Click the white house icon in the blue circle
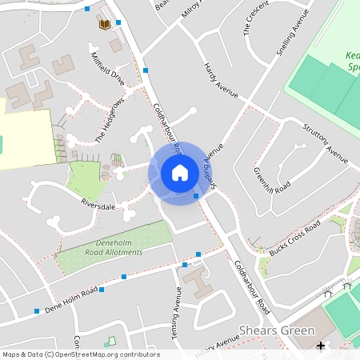pos(180,173)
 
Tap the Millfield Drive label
pos(108,69)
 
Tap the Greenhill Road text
pos(271,181)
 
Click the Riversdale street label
pos(98,206)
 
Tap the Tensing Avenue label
pos(178,311)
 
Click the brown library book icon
pos(104,24)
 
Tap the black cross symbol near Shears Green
pos(321,346)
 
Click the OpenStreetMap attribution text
pos(81,354)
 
